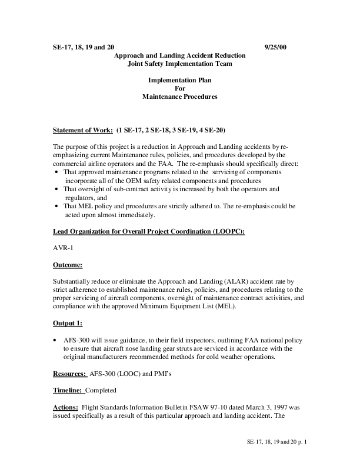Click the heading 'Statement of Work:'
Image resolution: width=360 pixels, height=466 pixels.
point(83,129)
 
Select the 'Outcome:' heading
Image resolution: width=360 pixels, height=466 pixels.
point(68,265)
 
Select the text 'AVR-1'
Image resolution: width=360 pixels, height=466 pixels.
point(62,248)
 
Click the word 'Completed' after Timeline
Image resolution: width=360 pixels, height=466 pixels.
point(101,390)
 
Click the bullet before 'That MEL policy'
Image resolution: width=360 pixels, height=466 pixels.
point(56,207)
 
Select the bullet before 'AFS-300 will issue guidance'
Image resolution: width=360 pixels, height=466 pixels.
point(56,340)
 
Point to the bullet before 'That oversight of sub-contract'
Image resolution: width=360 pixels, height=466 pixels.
point(56,189)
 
